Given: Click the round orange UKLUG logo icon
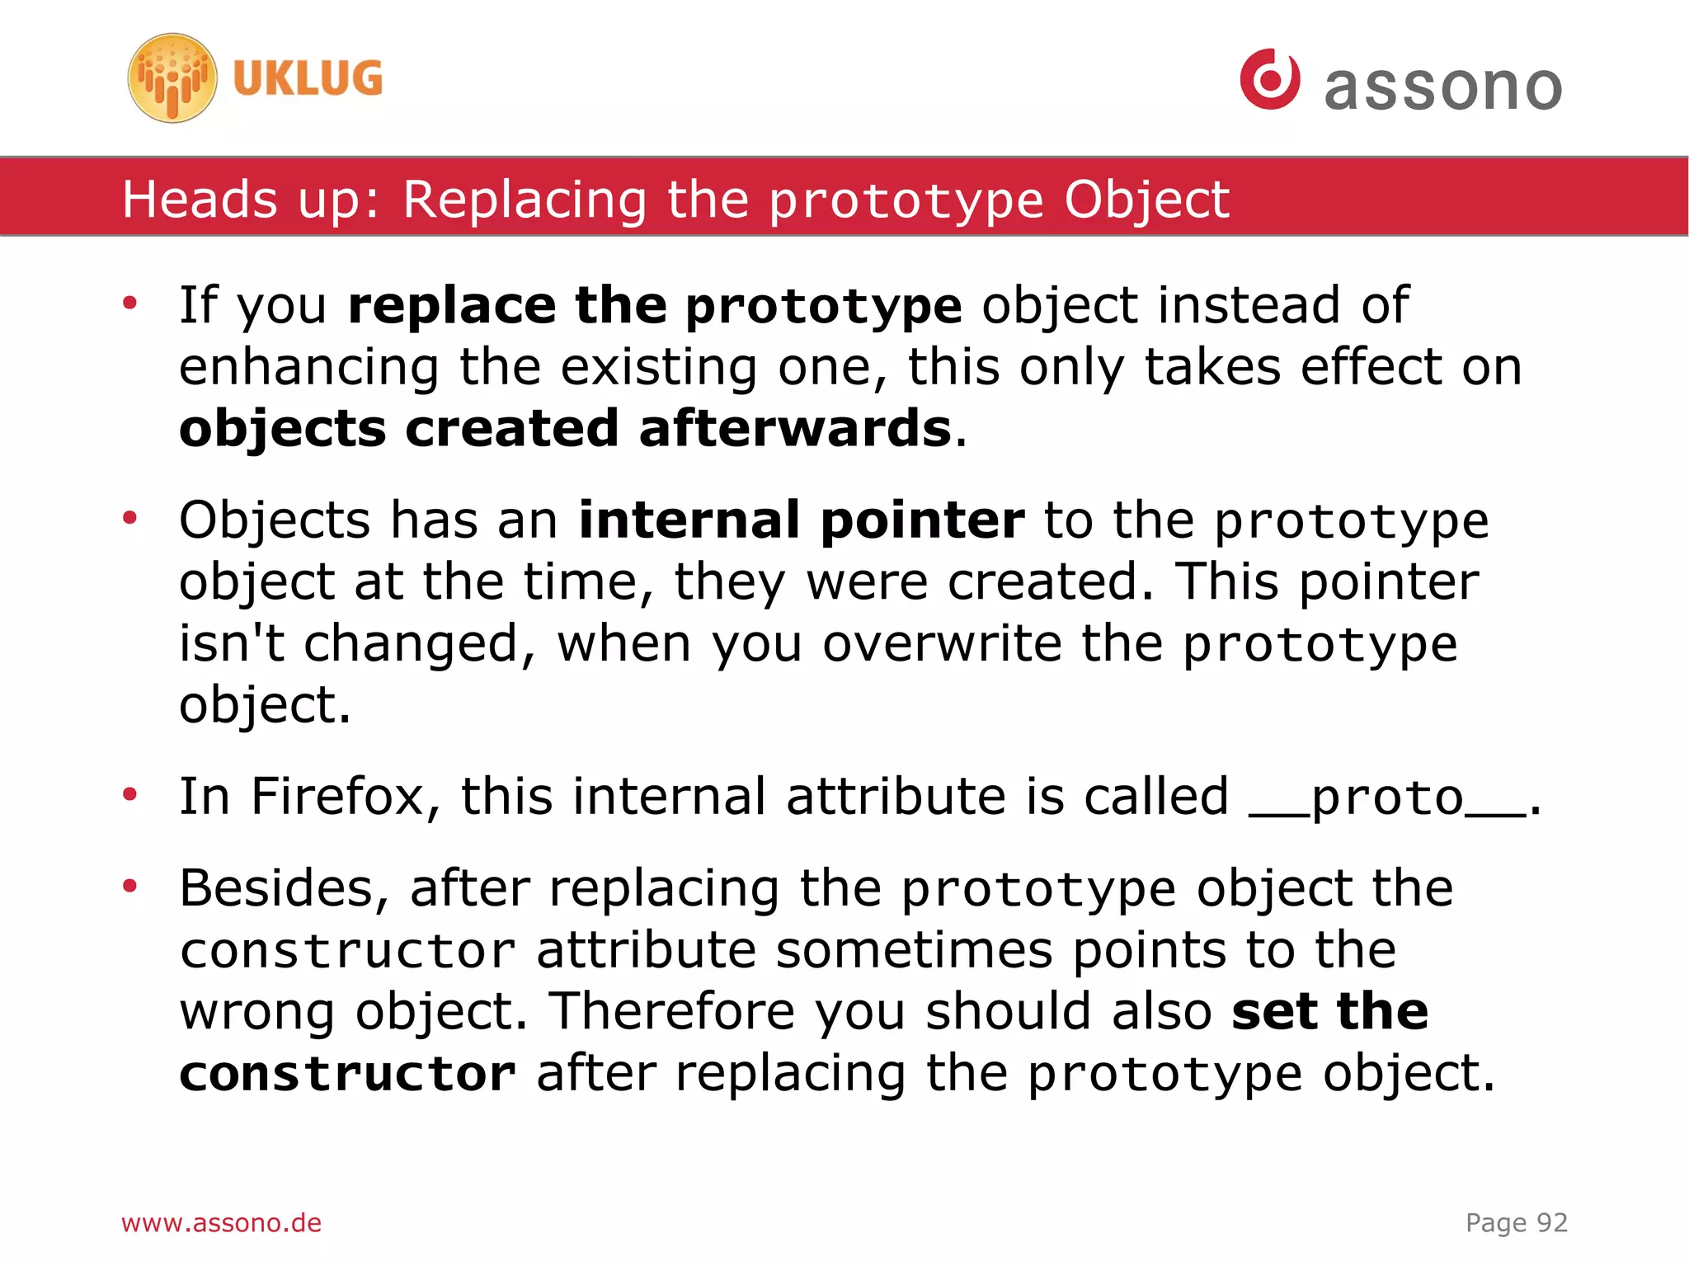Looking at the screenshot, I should (x=172, y=78).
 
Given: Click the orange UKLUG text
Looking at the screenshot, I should (x=308, y=79).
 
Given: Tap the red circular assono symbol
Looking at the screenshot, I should (x=1269, y=79).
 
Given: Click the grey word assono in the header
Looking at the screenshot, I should (x=1443, y=87).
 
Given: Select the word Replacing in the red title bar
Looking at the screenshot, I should (x=525, y=200).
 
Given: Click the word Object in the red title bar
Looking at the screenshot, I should (x=1146, y=200).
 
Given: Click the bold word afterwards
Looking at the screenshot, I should (x=795, y=429).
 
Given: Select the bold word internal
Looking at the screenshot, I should (x=689, y=520).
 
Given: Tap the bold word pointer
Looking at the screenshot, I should (x=923, y=522).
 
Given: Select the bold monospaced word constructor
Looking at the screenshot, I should (x=347, y=1074).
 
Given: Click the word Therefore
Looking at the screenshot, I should (x=673, y=1012).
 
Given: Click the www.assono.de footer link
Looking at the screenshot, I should (x=221, y=1223).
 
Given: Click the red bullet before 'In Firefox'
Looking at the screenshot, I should (x=129, y=795).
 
